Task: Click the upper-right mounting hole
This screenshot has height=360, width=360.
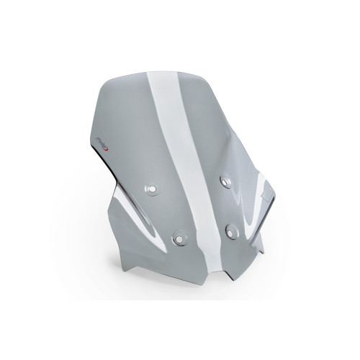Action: (x=223, y=179)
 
